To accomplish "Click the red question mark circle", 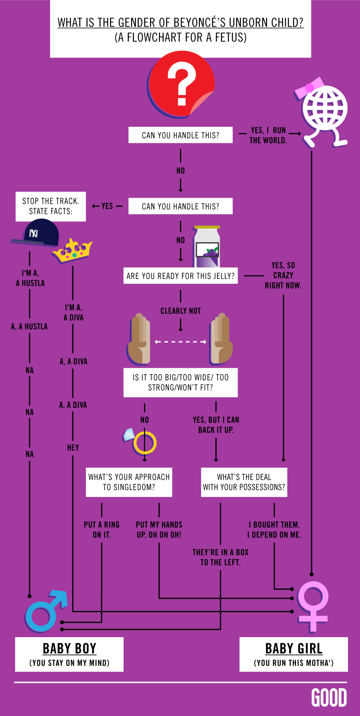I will tap(181, 85).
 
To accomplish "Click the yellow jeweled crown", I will tap(72, 251).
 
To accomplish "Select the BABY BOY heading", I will tap(70, 648).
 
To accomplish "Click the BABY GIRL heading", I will tap(294, 648).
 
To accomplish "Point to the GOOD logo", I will tap(329, 698).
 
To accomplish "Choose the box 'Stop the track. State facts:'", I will tap(51, 207).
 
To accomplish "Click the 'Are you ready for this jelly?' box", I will tap(180, 276).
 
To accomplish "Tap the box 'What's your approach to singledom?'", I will tap(129, 482).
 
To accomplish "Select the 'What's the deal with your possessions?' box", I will tap(244, 482).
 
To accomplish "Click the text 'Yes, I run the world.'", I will tap(268, 135).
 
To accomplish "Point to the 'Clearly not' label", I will tap(180, 311).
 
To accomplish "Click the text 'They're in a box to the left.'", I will tap(220, 557).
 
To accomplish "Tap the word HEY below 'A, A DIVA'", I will tap(73, 447).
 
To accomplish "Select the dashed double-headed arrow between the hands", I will tap(180, 342).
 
